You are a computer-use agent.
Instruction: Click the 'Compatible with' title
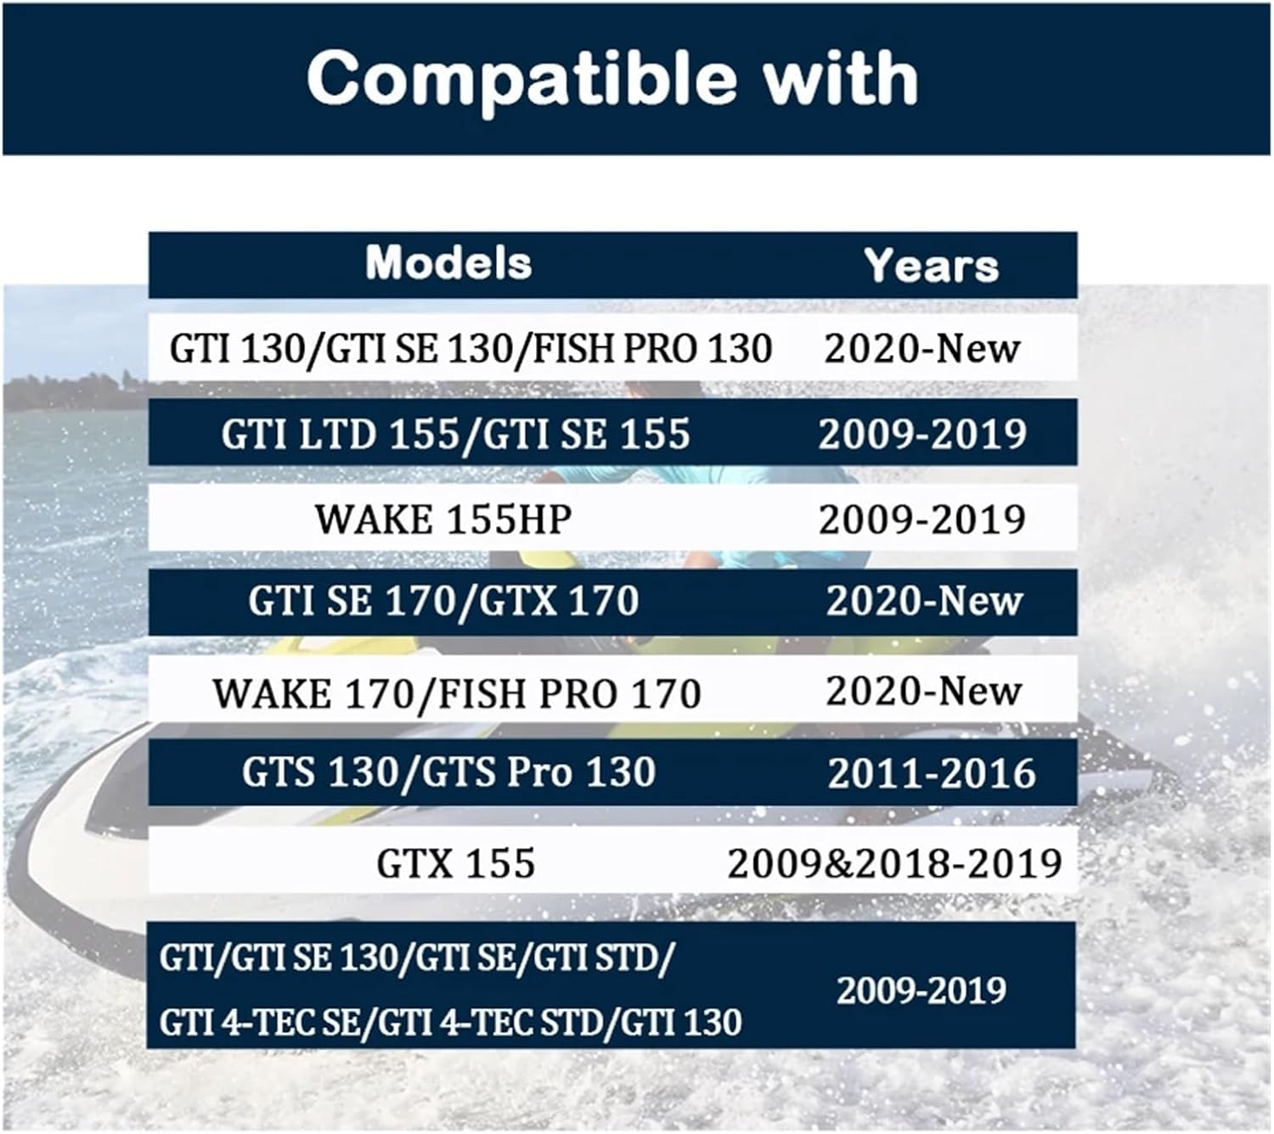tap(612, 80)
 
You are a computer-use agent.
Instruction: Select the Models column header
tap(449, 262)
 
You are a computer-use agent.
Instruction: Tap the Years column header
tap(931, 266)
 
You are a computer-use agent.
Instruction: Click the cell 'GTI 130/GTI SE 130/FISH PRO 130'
tap(471, 348)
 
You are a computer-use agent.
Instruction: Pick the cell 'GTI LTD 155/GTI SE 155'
tap(455, 434)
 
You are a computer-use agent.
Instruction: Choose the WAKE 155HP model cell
tap(443, 519)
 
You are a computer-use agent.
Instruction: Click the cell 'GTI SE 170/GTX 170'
tap(443, 600)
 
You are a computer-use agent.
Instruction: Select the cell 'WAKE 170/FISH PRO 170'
tap(457, 693)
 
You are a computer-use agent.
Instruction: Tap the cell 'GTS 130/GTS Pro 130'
tap(449, 772)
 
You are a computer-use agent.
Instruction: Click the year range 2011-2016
tap(931, 773)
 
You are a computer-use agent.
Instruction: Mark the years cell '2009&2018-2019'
tap(894, 863)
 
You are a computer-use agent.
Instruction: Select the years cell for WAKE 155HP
tap(922, 519)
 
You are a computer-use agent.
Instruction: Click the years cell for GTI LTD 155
tap(922, 434)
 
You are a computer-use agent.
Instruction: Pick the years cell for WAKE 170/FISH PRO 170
tap(924, 692)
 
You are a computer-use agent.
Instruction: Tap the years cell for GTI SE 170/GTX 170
tap(924, 601)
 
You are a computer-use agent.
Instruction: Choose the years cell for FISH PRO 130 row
tap(922, 348)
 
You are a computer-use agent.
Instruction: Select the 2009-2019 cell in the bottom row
tap(922, 991)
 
